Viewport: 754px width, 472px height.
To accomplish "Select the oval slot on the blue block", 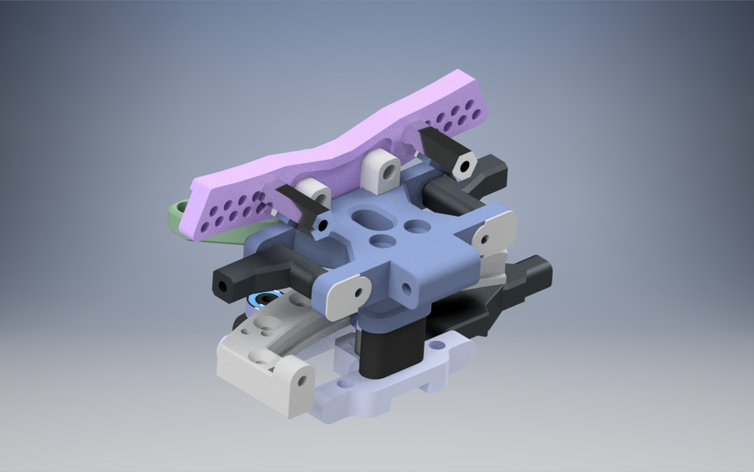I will click(x=367, y=218).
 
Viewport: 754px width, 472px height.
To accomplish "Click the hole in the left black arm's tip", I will click(x=219, y=284).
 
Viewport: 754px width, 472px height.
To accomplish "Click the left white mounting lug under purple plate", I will click(x=317, y=194).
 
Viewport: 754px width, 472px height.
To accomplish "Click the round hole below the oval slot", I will click(x=382, y=241).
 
